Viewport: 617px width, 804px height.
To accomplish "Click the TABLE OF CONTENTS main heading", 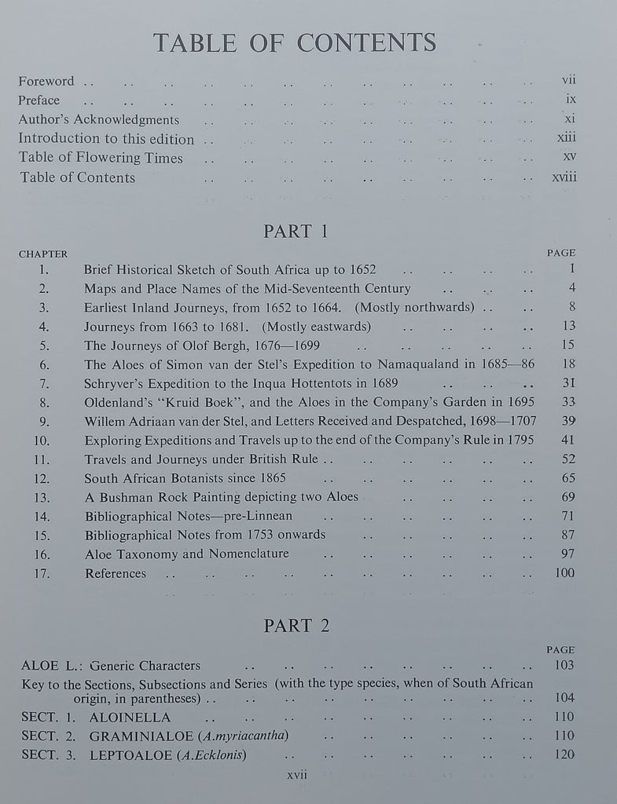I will pos(295,42).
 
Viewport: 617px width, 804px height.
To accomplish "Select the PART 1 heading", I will pos(296,232).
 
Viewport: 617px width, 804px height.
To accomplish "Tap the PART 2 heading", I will pos(296,625).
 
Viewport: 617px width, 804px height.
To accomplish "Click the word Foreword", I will pos(46,81).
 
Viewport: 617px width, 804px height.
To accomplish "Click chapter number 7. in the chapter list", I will pos(44,383).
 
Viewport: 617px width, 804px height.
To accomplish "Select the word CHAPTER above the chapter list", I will pos(43,254).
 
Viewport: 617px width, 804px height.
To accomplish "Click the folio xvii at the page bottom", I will pos(297,774).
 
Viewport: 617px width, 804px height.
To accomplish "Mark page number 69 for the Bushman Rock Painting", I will pos(567,497).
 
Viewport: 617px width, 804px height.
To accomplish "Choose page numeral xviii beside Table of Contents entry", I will pos(564,177).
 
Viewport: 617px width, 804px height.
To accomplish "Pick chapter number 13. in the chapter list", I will pos(42,497).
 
